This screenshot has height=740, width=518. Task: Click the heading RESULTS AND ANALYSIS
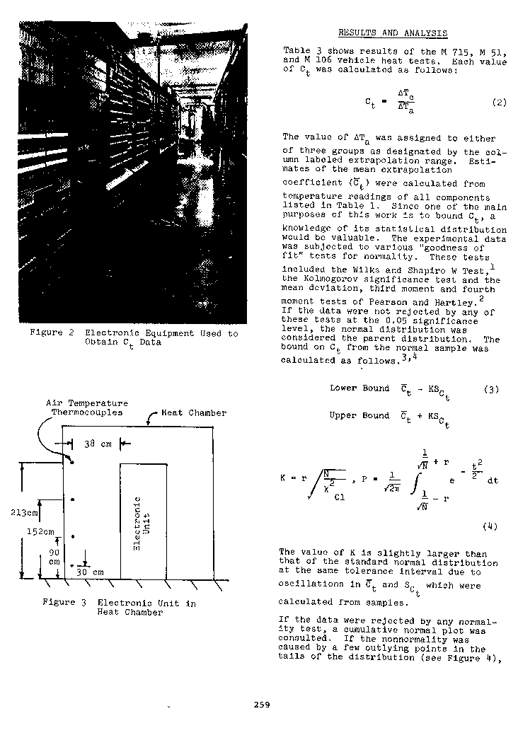coord(392,33)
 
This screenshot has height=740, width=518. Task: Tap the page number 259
coord(262,704)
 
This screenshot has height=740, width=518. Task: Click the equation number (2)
coord(499,102)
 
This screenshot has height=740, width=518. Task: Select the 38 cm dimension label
coord(96,444)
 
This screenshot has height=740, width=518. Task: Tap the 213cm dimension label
coord(28,512)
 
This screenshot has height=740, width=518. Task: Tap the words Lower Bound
coord(359,388)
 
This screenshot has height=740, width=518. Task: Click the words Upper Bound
coord(359,415)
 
